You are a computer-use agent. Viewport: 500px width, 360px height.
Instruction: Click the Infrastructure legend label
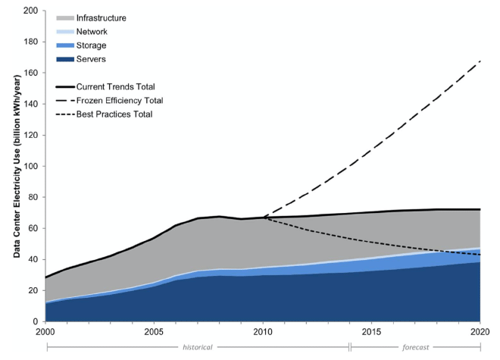pyautogui.click(x=102, y=17)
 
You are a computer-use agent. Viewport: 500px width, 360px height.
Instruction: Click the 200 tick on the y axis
pyautogui.click(x=31, y=11)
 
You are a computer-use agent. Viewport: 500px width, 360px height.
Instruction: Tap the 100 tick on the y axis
pyautogui.click(x=31, y=166)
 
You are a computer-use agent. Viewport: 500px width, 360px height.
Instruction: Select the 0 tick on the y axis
pyautogui.click(x=36, y=321)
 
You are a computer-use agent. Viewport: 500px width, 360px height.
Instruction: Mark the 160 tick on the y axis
pyautogui.click(x=31, y=74)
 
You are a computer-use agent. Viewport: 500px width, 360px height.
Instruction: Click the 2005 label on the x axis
pyautogui.click(x=155, y=333)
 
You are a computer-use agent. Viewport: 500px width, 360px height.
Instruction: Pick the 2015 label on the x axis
pyautogui.click(x=371, y=333)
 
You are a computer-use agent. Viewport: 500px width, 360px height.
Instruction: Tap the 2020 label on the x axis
pyautogui.click(x=479, y=333)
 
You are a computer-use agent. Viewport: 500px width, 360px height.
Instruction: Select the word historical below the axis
pyautogui.click(x=197, y=348)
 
